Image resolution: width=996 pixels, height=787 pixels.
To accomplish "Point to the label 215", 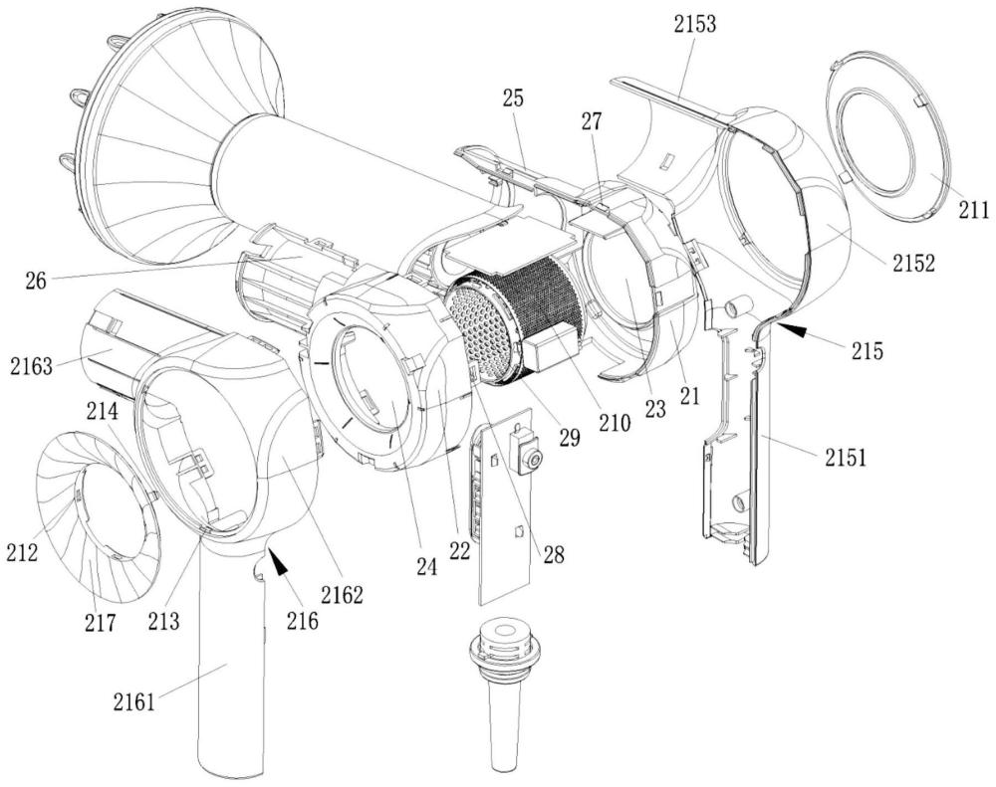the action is click(x=868, y=349).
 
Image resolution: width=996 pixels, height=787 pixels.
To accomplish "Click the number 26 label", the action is click(x=36, y=281).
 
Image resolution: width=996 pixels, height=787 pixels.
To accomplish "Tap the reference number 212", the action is click(x=22, y=551).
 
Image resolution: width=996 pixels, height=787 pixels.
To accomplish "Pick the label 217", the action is click(x=101, y=622).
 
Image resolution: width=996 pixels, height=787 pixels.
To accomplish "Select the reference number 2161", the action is click(x=134, y=701).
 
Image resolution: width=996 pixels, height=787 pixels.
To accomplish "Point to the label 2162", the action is click(x=342, y=594).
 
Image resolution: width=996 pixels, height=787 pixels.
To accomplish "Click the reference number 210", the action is click(x=615, y=422).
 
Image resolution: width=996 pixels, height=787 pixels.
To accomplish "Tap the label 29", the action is click(x=569, y=437).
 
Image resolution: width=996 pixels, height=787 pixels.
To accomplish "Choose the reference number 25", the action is click(x=513, y=99).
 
